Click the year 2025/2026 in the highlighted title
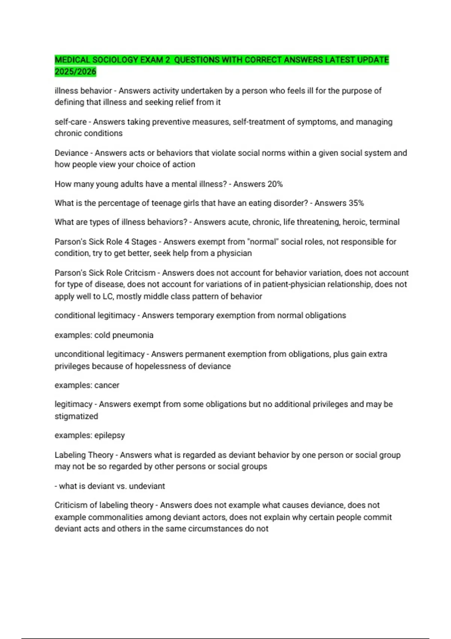point(75,72)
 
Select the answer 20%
point(275,184)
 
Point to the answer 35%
point(356,203)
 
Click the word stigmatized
point(76,416)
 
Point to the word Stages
point(144,242)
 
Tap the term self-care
point(71,122)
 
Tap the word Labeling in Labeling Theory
point(70,455)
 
